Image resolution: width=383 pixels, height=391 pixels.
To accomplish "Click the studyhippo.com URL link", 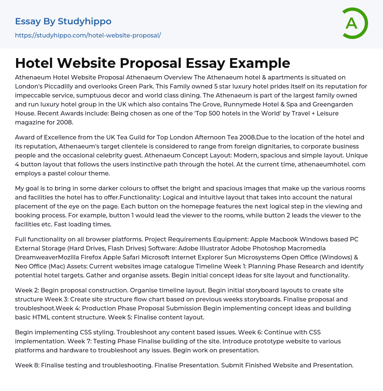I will [x=88, y=35].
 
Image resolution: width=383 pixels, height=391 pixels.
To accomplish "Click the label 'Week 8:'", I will [x=27, y=365].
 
